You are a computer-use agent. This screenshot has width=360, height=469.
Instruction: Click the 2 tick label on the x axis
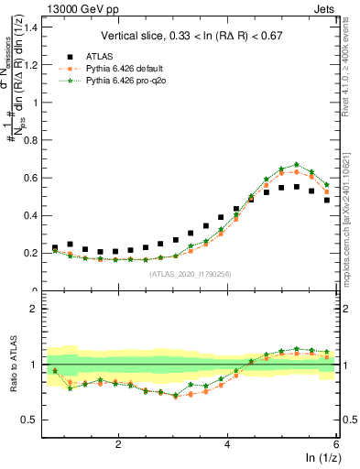118,444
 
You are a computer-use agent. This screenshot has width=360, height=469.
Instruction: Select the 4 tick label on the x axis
227,444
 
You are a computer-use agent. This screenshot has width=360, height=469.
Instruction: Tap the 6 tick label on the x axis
335,444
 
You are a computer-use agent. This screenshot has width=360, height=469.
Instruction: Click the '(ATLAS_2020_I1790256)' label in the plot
191,273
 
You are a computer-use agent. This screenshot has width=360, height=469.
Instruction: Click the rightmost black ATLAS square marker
327,200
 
